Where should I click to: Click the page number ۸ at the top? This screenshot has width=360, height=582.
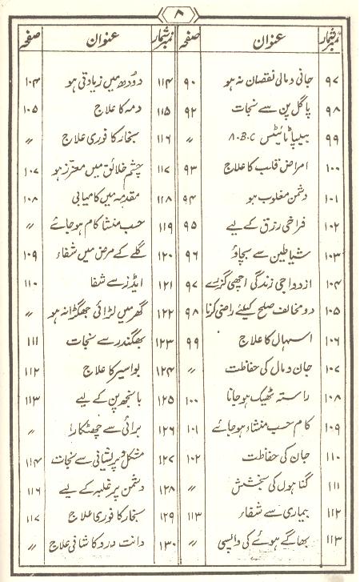tap(179, 14)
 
